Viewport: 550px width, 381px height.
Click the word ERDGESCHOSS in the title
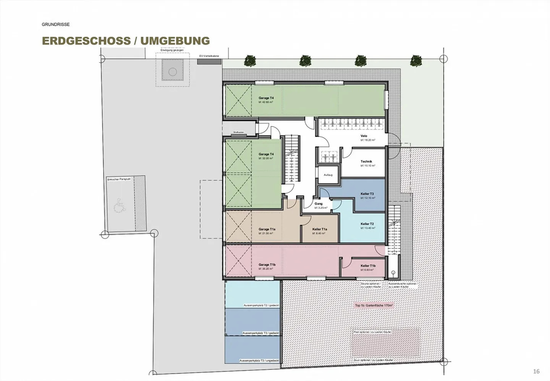tap(86, 41)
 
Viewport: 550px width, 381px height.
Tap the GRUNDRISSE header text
tap(56, 24)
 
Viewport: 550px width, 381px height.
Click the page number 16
tap(536, 371)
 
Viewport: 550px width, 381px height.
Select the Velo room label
tap(364, 136)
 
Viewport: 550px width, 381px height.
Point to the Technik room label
tap(366, 162)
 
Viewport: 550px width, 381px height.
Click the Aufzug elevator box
tap(328, 175)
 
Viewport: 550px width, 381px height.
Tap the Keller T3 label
tap(367, 194)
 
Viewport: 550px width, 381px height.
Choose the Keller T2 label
tap(367, 224)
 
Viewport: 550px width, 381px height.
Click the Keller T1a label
tap(319, 229)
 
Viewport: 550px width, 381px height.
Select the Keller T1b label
tap(368, 266)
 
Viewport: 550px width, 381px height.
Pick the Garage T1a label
tap(267, 229)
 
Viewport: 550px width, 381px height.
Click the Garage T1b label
tap(267, 264)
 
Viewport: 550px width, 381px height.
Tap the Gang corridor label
tap(319, 204)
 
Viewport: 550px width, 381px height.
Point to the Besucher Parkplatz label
tap(119, 179)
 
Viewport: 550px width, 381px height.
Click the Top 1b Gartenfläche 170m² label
tap(374, 306)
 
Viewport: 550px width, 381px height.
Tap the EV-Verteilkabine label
tap(209, 56)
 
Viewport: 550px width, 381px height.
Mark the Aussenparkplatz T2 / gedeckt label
tap(261, 305)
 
